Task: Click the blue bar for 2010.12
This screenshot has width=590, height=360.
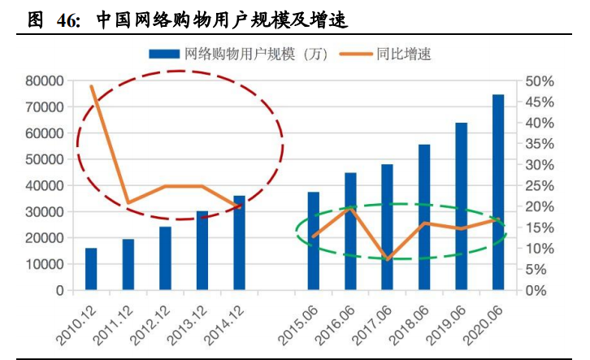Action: tap(91, 269)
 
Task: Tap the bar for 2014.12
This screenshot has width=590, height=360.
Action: tap(240, 243)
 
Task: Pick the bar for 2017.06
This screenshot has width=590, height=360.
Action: tap(388, 228)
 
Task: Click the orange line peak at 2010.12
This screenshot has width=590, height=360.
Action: tap(91, 86)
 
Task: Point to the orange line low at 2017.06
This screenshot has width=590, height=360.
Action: tap(388, 259)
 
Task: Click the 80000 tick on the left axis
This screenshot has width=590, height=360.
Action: tap(45, 80)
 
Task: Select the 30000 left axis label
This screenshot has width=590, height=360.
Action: tap(45, 212)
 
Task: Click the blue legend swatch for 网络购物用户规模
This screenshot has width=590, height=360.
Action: tap(164, 54)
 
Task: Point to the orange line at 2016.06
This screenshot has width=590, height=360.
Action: tap(350, 208)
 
